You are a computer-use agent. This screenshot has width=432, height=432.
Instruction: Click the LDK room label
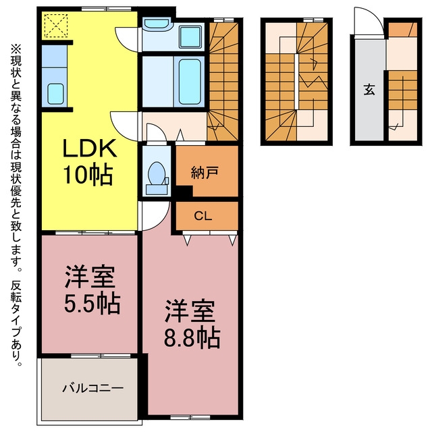tap(90, 148)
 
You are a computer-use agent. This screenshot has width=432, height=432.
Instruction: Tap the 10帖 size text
tap(88, 175)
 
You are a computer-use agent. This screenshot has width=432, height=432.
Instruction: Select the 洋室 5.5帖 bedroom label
tap(92, 290)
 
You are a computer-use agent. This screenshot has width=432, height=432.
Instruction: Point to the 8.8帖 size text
tap(192, 338)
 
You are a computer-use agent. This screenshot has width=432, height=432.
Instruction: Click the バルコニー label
tap(92, 389)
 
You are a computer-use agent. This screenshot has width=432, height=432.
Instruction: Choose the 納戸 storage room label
tap(205, 173)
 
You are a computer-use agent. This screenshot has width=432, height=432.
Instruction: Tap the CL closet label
tap(203, 216)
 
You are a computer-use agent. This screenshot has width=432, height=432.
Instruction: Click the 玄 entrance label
tap(369, 90)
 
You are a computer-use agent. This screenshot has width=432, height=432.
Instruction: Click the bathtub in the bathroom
tap(190, 82)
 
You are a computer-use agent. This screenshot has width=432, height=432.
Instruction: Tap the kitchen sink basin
tap(55, 94)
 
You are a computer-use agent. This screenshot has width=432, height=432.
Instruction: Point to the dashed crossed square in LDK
tap(56, 26)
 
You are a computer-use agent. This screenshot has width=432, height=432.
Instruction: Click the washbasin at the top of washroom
tap(157, 23)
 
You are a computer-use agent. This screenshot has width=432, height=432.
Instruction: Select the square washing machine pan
tap(190, 37)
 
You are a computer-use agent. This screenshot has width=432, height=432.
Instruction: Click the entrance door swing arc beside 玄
tap(369, 22)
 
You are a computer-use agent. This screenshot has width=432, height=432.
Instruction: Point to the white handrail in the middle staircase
tap(296, 82)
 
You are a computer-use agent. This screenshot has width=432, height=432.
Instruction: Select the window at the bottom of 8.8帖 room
tap(190, 417)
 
